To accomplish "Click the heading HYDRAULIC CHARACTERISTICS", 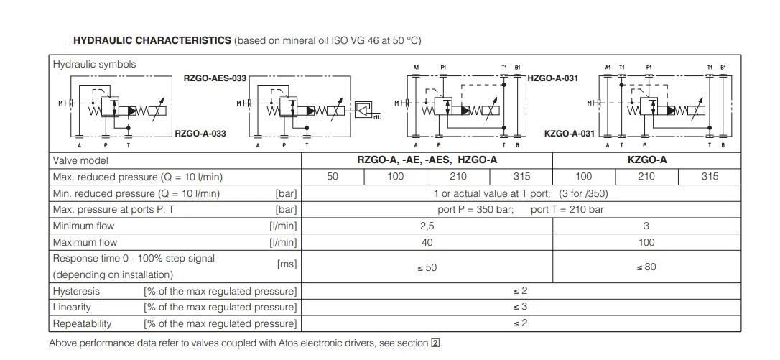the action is (152, 40).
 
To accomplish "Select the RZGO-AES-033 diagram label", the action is (215, 78).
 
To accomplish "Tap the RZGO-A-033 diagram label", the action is (200, 133).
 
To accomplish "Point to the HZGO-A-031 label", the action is (552, 78).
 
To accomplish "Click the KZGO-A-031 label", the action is (570, 133).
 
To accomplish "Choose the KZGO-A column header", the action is (646, 160).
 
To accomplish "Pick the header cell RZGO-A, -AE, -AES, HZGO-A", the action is (427, 160).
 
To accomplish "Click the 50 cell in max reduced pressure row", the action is (333, 176).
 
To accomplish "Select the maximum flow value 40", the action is (427, 242).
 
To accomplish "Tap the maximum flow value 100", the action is (646, 242).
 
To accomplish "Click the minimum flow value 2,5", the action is (427, 226).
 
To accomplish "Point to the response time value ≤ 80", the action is (646, 267).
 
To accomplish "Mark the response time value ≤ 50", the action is (427, 267).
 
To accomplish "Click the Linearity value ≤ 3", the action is (521, 307).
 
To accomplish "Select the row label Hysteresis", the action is (76, 291).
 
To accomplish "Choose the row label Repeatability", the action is (82, 323).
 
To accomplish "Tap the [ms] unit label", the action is (287, 264).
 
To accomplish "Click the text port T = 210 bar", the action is (567, 210).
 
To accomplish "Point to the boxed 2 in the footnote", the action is (435, 343).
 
